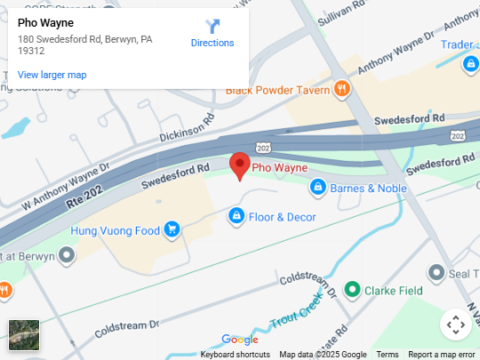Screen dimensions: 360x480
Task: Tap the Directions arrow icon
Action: point(212,26)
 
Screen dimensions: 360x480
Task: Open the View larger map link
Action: point(52,75)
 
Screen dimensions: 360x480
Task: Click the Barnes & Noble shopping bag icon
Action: point(317,188)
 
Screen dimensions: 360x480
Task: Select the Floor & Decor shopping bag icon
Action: point(236,216)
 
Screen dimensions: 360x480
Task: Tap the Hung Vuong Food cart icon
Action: point(172,231)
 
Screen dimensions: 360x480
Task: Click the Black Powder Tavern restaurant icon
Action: point(341,88)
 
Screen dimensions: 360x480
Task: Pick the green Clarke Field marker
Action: point(352,290)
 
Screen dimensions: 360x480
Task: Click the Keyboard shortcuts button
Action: point(236,355)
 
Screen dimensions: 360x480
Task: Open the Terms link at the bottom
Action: point(388,355)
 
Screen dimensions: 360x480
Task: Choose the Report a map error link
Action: point(442,355)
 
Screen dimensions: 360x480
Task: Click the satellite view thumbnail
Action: point(24,335)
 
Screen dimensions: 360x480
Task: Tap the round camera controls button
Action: point(456,324)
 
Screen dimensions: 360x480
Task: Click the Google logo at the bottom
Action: point(240,340)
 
